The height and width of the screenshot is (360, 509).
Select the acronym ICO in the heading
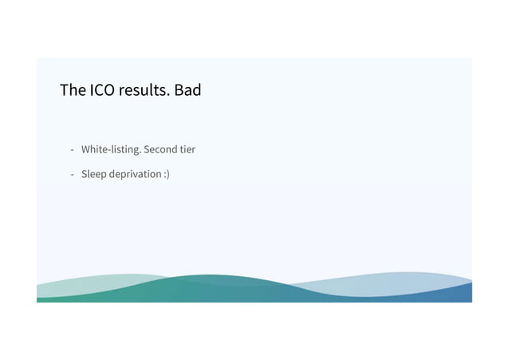(x=102, y=90)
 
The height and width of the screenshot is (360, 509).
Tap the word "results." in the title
(x=144, y=90)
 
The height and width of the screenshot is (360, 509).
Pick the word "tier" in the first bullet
(x=187, y=149)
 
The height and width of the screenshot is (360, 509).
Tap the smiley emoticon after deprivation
(x=166, y=173)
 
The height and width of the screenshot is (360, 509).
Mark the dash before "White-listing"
(x=72, y=150)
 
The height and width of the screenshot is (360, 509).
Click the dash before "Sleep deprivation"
(x=72, y=174)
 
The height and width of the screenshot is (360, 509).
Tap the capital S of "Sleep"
(x=84, y=173)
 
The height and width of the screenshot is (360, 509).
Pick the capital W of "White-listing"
(x=86, y=149)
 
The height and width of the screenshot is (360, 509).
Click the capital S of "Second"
(x=146, y=149)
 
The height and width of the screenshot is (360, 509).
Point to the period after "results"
(x=169, y=95)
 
